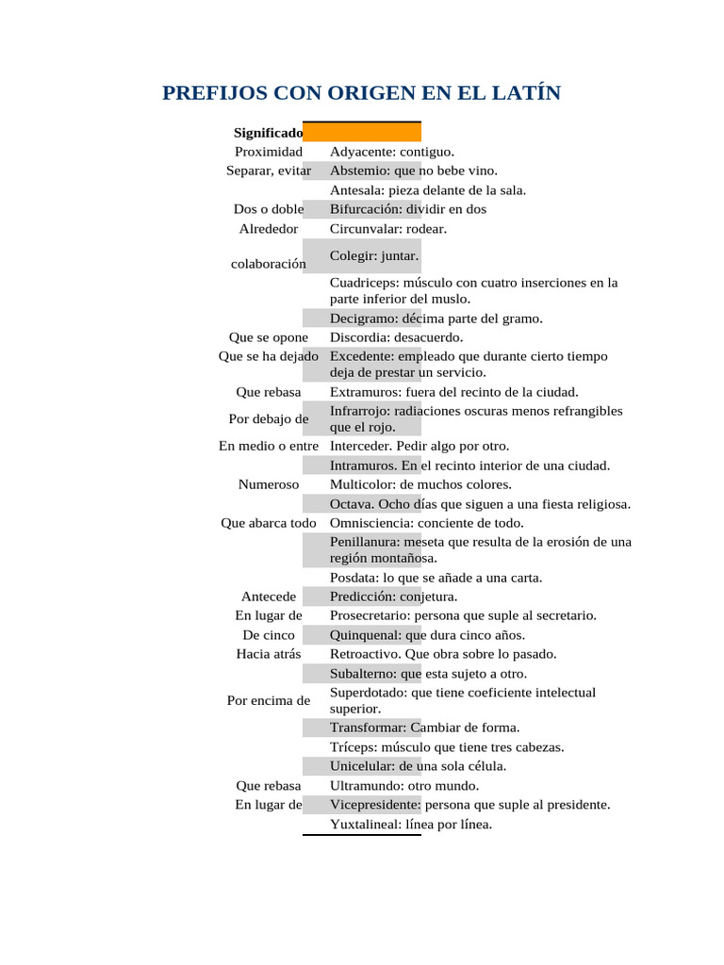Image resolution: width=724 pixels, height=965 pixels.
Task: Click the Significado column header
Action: pos(268,133)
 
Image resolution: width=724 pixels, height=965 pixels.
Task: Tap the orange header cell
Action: pos(362,132)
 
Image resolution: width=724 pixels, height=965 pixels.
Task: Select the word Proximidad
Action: pos(269,152)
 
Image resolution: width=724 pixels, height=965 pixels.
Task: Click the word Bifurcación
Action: pos(366,209)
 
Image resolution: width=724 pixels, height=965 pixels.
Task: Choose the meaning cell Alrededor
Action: pos(269,229)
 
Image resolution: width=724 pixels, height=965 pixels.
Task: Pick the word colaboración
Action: pos(269,264)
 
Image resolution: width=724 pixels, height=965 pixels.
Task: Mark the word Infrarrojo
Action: pos(362,412)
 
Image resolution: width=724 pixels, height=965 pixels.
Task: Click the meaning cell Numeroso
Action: pos(269,484)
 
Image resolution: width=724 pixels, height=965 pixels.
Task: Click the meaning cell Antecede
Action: pos(269,597)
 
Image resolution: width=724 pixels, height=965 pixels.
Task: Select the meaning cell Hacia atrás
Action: pos(269,654)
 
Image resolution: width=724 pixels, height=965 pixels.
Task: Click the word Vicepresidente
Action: pos(375,805)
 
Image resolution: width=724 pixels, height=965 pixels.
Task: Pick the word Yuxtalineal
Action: pos(365,825)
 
